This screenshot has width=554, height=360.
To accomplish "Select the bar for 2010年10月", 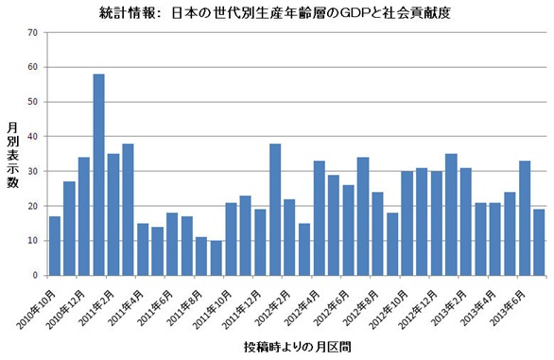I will coord(55,246).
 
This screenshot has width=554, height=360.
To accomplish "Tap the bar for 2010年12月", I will coord(84,216).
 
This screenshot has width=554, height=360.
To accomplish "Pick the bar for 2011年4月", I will coord(143,249).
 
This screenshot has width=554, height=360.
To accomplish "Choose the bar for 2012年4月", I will coord(319,218).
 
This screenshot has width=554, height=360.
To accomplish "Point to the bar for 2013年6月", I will coord(525,218).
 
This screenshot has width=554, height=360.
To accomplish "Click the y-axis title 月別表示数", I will coord(12,155).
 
